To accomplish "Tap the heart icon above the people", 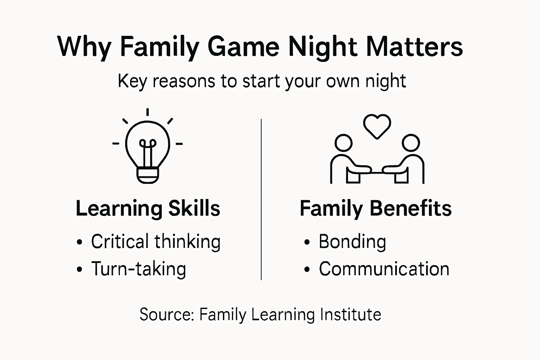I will (x=377, y=126).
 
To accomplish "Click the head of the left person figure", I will (x=343, y=143).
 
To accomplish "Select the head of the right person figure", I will (x=411, y=143).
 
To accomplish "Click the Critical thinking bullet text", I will (x=156, y=242).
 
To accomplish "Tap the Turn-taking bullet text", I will (x=139, y=269).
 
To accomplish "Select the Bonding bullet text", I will (x=352, y=242).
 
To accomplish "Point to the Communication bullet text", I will (x=384, y=269).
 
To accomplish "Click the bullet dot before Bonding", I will (x=307, y=243).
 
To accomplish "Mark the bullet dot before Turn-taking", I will (x=80, y=270).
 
